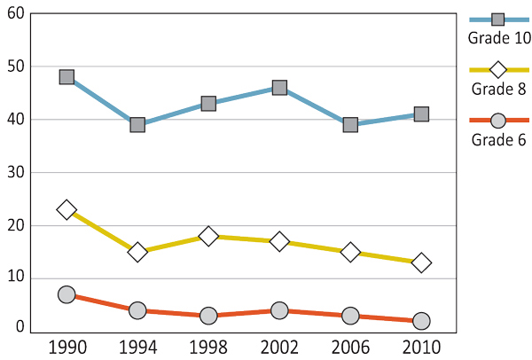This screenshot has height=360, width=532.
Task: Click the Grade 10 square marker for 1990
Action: tap(66, 77)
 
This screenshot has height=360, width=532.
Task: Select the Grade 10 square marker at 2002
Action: tap(279, 88)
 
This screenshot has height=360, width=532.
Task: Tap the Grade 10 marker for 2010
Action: tap(421, 114)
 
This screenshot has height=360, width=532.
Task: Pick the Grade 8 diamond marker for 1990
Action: tap(66, 210)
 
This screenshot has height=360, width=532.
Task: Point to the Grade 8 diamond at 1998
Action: tap(208, 236)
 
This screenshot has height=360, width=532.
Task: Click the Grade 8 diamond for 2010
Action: tap(421, 262)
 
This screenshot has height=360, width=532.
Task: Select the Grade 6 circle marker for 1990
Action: tap(66, 294)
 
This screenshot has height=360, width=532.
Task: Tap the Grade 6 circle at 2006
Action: tap(350, 316)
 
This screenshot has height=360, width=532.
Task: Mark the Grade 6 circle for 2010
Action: tap(421, 321)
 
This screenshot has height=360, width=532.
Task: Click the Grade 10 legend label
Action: tap(498, 37)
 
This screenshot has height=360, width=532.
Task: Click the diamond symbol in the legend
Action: tap(498, 69)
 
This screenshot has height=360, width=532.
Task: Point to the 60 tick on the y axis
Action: tap(15, 13)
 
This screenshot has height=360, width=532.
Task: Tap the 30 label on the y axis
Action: tap(15, 172)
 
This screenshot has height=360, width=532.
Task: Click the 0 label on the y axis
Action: tap(20, 327)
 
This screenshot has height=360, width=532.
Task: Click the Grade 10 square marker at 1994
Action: tap(137, 125)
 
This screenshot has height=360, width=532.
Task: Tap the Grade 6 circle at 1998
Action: tap(208, 316)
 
